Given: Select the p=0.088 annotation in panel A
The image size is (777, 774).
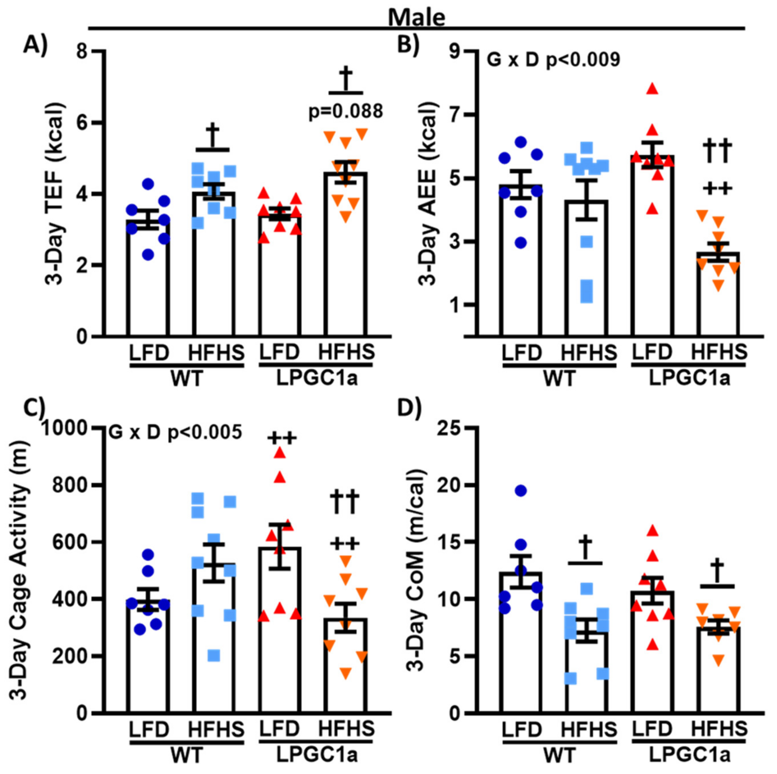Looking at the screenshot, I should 345,111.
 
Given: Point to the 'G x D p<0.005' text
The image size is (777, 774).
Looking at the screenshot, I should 175,433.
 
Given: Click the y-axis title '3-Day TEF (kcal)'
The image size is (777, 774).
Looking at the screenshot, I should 55,193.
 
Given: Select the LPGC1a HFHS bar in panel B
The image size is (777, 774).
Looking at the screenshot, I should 718,294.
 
